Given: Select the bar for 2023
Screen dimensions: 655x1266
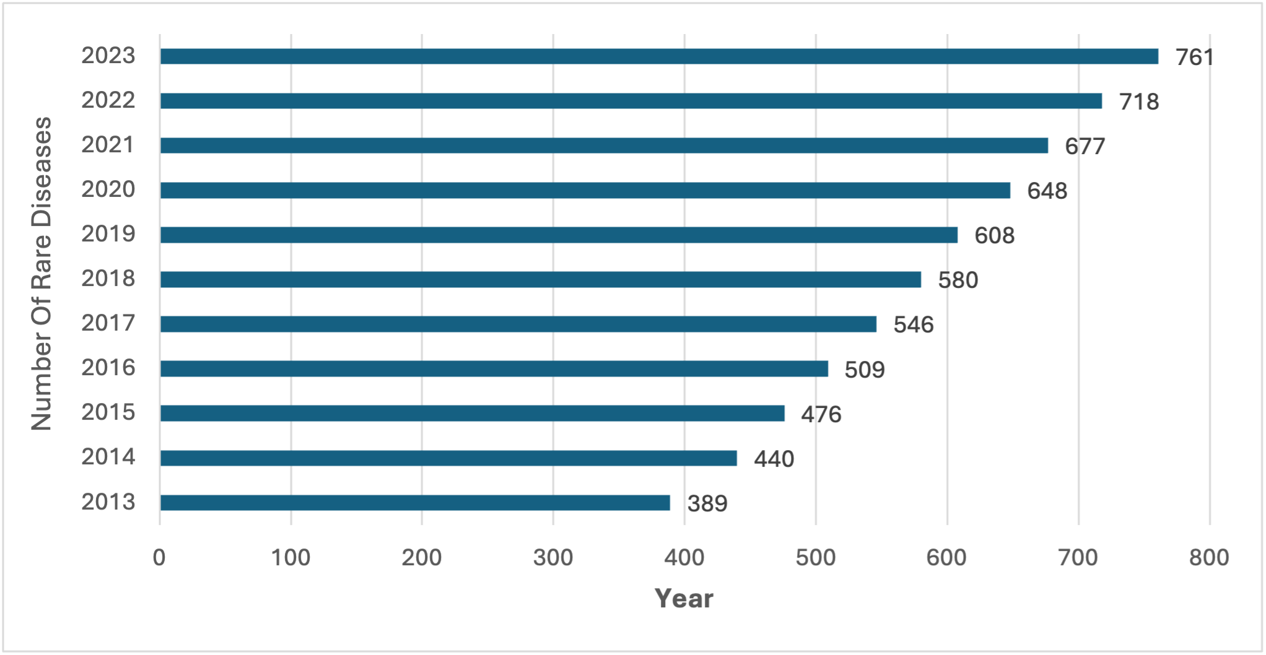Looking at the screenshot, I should pyautogui.click(x=659, y=56).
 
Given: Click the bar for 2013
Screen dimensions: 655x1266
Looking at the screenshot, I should pyautogui.click(x=415, y=503).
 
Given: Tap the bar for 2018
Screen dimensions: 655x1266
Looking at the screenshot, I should pyautogui.click(x=540, y=280).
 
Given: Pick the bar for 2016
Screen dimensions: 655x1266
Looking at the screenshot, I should pyautogui.click(x=494, y=369).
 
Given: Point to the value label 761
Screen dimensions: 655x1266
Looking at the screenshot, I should pyautogui.click(x=1194, y=58).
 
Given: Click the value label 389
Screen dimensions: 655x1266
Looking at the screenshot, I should pyautogui.click(x=707, y=504).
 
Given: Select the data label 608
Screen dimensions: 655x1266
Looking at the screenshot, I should pyautogui.click(x=994, y=236).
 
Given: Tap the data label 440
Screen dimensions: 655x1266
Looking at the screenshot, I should pyautogui.click(x=774, y=459).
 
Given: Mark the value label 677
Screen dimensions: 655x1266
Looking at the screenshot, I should pyautogui.click(x=1085, y=147).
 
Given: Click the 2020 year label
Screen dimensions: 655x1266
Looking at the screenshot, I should pyautogui.click(x=108, y=189).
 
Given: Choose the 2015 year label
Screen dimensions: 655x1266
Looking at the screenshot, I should pyautogui.click(x=108, y=412).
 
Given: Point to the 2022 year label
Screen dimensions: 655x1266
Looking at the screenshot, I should pyautogui.click(x=108, y=100).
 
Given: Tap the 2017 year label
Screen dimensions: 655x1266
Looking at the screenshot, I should pyautogui.click(x=108, y=323).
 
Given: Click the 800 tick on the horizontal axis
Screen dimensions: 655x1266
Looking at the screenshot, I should pyautogui.click(x=1209, y=558).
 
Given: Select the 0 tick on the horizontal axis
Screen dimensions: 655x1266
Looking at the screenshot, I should pyautogui.click(x=159, y=558).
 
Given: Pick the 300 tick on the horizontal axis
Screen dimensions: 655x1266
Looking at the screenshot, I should pyautogui.click(x=553, y=558).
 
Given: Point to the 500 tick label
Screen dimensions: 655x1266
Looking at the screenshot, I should pyautogui.click(x=816, y=558).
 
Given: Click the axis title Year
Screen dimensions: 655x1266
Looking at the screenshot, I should pyautogui.click(x=684, y=599).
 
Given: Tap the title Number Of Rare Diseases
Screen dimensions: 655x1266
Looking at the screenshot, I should pyautogui.click(x=41, y=274).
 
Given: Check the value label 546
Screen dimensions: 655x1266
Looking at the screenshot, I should pyautogui.click(x=913, y=325).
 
